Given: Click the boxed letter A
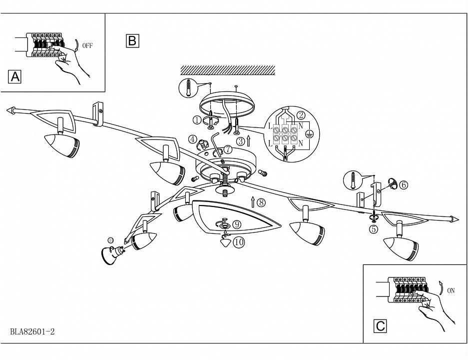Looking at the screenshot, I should click(15, 76).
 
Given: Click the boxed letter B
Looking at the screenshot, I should click(132, 40).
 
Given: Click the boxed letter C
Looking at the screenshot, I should click(381, 326).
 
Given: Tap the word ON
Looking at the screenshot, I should click(451, 290).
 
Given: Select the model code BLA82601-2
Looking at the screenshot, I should click(32, 331).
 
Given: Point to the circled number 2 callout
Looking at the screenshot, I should click(301, 114).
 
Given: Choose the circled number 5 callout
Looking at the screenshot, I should click(374, 228).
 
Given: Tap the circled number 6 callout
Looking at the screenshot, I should click(404, 184).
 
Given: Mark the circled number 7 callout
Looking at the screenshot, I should click(228, 149).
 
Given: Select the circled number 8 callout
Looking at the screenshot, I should click(262, 202).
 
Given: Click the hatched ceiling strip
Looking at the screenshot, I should click(228, 70).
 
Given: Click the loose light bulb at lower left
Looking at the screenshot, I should click(110, 253).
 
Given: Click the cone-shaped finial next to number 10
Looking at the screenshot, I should click(226, 242).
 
